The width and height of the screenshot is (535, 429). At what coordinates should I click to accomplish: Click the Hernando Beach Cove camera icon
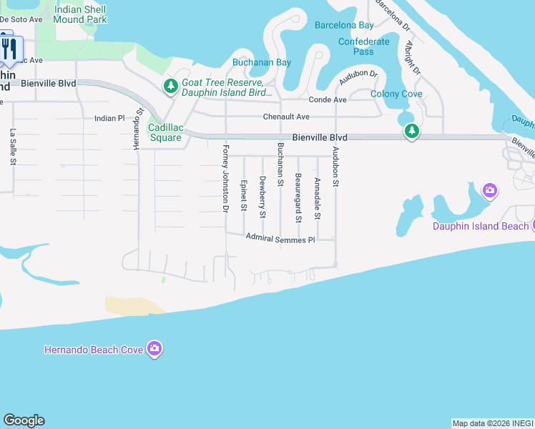154,349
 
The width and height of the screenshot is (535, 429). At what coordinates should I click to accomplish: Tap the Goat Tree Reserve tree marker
170,87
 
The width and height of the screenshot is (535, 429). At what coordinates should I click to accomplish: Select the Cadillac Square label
165,132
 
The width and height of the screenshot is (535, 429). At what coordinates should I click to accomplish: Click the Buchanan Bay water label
261,62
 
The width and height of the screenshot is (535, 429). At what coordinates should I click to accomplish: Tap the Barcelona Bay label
344,25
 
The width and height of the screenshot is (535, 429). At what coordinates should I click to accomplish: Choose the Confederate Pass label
363,46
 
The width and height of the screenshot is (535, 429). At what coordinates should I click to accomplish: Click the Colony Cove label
396,94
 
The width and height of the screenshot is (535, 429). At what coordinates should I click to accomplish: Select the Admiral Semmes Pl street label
280,239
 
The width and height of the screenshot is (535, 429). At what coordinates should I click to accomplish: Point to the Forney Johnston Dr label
225,179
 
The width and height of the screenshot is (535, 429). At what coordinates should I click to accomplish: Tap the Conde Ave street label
327,99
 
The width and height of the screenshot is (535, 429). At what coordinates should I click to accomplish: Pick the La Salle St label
13,147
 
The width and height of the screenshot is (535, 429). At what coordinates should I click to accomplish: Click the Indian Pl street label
109,118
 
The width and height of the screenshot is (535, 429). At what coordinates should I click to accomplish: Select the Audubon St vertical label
334,167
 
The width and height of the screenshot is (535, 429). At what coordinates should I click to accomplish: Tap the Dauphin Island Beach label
481,226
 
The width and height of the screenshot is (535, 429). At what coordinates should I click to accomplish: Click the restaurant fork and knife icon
9,49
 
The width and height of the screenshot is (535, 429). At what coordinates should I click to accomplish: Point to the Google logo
24,420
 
